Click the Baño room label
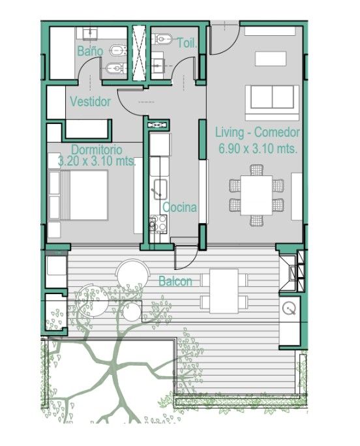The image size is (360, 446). (90, 52)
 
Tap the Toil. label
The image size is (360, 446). (187, 43)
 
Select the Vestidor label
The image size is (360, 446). (90, 102)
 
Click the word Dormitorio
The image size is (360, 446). (97, 149)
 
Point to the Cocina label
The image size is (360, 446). (179, 207)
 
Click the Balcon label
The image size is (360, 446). (175, 281)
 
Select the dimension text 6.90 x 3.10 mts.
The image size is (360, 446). (258, 149)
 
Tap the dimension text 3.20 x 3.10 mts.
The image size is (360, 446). (97, 161)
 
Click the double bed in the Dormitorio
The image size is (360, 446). (78, 195)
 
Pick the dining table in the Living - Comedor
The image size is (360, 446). (256, 195)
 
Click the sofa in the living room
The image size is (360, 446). (272, 102)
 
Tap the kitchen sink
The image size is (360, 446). (160, 189)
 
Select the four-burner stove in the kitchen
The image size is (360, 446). (158, 224)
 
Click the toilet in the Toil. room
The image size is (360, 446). (162, 39)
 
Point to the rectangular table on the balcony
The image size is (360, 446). (224, 291)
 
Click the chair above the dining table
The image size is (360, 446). (256, 170)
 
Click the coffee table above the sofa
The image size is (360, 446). (271, 59)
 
